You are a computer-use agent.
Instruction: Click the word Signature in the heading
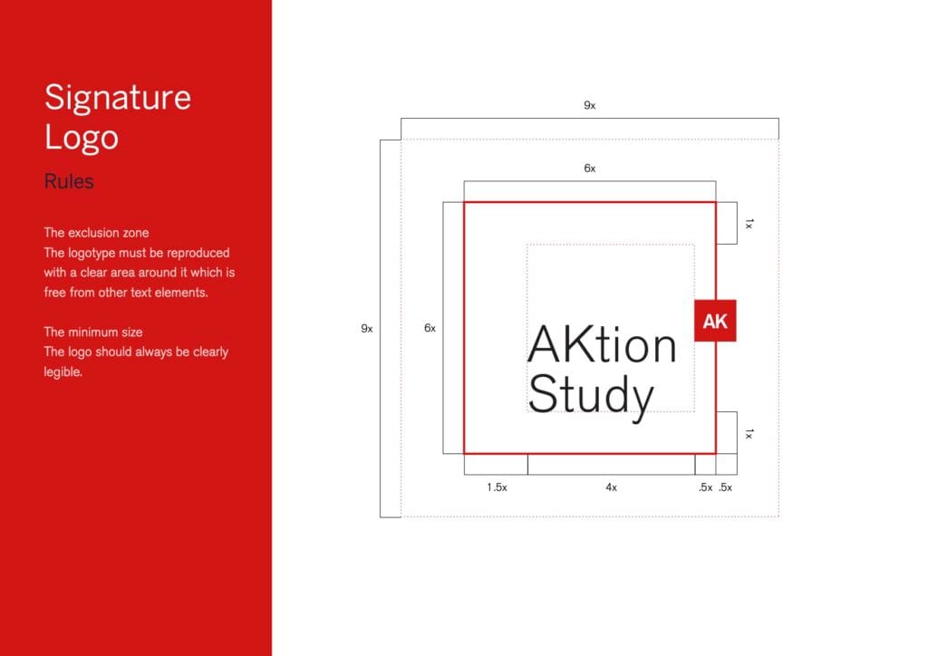point(118,98)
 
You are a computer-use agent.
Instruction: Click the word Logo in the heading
point(82,138)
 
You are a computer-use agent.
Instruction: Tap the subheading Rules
point(69,181)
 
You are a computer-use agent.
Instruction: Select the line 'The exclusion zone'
point(96,233)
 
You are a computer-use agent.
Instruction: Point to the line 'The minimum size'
point(93,332)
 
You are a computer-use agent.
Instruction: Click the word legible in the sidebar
point(63,372)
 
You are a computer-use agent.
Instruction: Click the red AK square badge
point(715,321)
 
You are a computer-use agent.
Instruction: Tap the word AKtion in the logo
point(602,345)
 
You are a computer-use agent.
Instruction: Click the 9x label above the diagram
point(589,105)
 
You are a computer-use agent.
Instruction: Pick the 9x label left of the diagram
point(367,328)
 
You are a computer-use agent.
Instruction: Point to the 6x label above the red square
point(589,168)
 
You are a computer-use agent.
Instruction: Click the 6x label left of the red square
point(430,328)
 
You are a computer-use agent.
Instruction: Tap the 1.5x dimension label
point(497,487)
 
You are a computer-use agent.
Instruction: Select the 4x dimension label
point(612,487)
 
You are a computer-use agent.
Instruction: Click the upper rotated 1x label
point(749,224)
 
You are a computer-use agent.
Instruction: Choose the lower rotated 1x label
point(749,434)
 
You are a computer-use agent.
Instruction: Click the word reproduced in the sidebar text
point(198,253)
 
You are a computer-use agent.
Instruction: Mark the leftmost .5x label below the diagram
point(705,487)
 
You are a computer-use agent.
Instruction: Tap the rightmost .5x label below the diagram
point(725,487)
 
